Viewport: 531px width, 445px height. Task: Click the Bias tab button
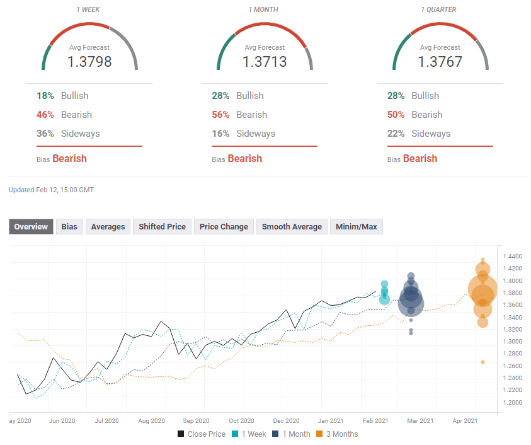(69, 227)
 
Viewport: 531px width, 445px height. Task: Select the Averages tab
(108, 227)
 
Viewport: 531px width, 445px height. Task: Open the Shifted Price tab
(162, 227)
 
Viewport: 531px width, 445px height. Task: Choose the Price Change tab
(224, 227)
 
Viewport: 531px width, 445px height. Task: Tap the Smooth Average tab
(292, 227)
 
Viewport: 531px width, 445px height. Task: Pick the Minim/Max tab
(357, 227)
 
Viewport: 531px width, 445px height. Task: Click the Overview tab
(31, 227)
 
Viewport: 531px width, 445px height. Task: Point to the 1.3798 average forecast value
(89, 62)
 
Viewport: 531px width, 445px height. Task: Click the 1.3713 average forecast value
(265, 62)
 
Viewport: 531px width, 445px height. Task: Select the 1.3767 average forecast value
(440, 62)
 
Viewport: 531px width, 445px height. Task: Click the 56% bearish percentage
(220, 115)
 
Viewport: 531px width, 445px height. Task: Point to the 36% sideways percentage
(45, 134)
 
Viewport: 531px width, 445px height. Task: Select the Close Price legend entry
(201, 434)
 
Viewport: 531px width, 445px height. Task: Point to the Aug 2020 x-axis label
(151, 420)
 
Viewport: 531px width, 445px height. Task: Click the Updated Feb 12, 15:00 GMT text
(51, 190)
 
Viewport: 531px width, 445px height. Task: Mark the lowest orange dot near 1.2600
(482, 362)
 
